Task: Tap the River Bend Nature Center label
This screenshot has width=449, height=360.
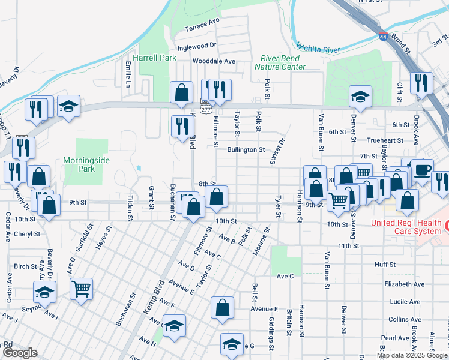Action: [283, 62]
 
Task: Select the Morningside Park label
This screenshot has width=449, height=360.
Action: [79, 165]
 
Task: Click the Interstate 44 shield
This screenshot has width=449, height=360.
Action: [383, 37]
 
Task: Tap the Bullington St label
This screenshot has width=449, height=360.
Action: [246, 149]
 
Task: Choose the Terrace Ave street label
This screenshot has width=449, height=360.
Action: [202, 25]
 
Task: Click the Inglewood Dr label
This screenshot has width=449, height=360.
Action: [196, 46]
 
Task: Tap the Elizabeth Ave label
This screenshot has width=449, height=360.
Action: [406, 284]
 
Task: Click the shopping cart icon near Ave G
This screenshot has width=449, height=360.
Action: [81, 289]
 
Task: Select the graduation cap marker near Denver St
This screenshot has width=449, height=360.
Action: [360, 96]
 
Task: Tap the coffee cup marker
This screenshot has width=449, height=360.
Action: [422, 169]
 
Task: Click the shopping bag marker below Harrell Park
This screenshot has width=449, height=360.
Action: [181, 92]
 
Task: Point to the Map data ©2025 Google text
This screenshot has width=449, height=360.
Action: [411, 355]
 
